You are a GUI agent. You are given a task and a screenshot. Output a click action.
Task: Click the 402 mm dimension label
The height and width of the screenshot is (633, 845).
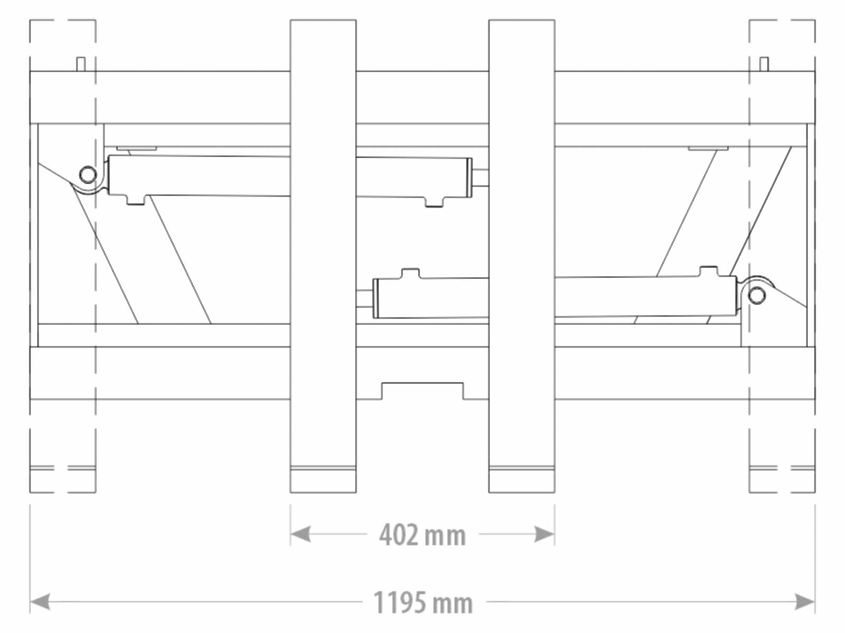422,535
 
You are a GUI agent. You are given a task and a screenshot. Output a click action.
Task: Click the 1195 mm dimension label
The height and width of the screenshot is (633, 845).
422,602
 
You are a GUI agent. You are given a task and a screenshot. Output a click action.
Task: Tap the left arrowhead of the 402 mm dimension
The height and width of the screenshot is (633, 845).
301,534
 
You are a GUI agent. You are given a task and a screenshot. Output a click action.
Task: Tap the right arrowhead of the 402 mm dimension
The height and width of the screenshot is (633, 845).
544,534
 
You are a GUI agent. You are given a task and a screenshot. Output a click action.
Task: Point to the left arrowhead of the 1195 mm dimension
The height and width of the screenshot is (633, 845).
40,601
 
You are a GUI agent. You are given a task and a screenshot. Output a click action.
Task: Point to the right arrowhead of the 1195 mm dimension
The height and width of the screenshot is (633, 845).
805,601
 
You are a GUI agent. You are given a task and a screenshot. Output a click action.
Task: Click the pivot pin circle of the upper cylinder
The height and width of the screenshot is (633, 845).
88,175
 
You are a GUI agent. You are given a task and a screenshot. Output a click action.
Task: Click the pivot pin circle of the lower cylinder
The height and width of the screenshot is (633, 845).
757,295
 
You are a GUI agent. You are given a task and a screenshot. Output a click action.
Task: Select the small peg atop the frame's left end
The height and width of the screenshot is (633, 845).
81,64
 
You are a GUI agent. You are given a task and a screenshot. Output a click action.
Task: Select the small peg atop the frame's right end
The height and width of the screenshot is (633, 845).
764,64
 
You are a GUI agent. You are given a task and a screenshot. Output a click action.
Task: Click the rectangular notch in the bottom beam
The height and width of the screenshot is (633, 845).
422,391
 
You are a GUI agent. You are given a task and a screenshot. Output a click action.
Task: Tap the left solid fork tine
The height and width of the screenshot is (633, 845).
323,256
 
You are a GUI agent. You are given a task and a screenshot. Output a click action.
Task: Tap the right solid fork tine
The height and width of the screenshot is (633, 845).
522,256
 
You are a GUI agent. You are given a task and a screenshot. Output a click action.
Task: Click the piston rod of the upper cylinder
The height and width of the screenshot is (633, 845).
481,178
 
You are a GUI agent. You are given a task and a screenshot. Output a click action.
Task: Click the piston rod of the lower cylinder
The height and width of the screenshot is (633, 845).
364,299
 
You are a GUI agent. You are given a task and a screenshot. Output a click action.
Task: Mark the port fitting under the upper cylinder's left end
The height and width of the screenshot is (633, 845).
136,199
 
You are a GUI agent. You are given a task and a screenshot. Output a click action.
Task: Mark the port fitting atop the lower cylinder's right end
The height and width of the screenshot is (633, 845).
709,271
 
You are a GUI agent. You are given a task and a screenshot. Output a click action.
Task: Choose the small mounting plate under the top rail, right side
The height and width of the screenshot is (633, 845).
708,148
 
